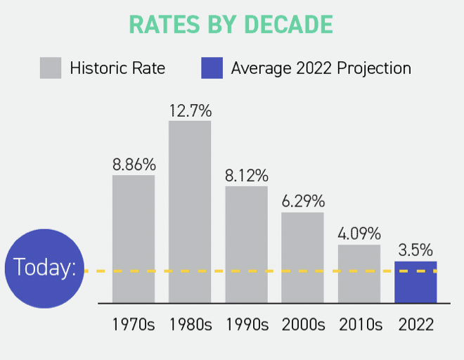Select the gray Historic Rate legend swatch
click(x=51, y=68)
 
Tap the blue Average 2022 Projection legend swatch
click(x=212, y=68)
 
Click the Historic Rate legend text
click(x=117, y=68)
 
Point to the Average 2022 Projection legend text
click(x=321, y=68)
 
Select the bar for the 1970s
click(x=134, y=239)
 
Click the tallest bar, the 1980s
click(x=190, y=212)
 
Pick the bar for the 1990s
click(x=246, y=245)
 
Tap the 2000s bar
click(x=302, y=257)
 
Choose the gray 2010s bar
click(x=359, y=274)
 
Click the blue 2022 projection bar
click(x=415, y=282)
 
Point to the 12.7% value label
click(x=190, y=111)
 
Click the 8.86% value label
click(x=134, y=165)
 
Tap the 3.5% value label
click(x=415, y=251)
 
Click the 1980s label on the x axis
click(x=190, y=325)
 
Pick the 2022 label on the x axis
click(x=415, y=325)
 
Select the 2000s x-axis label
click(x=302, y=325)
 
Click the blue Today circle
click(x=44, y=269)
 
